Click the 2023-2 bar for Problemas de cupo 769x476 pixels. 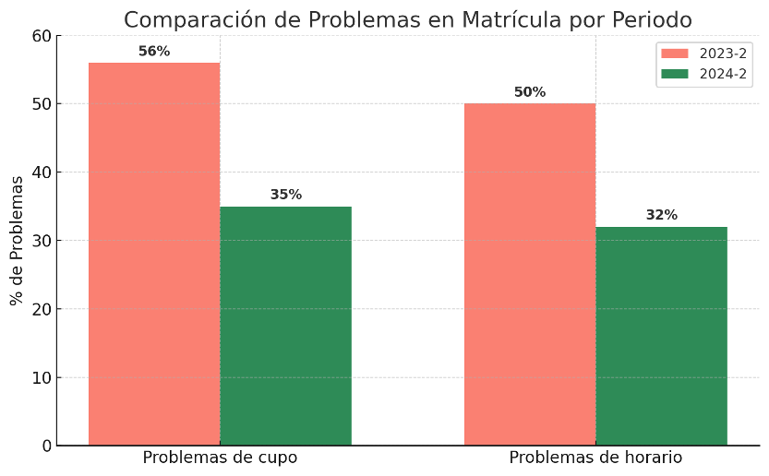coord(154,254)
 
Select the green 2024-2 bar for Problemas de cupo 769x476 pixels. coord(285,326)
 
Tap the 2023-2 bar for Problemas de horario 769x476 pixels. coord(530,274)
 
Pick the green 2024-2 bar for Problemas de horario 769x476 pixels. coord(661,336)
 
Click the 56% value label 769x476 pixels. coord(154,52)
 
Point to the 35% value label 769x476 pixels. coord(286,195)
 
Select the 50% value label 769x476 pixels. coord(530,92)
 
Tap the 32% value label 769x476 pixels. coord(661,215)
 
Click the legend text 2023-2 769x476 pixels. coord(723,54)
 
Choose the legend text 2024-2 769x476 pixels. coord(723,74)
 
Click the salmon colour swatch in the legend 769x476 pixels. coord(675,54)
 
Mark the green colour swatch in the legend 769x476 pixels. coord(675,74)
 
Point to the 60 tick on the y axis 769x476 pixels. coord(42,36)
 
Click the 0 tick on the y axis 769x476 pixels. coord(46,446)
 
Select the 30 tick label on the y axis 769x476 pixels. coord(42,241)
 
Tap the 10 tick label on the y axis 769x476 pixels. coord(42,377)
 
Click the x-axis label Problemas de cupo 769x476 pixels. coord(220,458)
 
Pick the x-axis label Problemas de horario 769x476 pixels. coord(595,458)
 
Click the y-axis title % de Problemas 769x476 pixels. coord(17,240)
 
